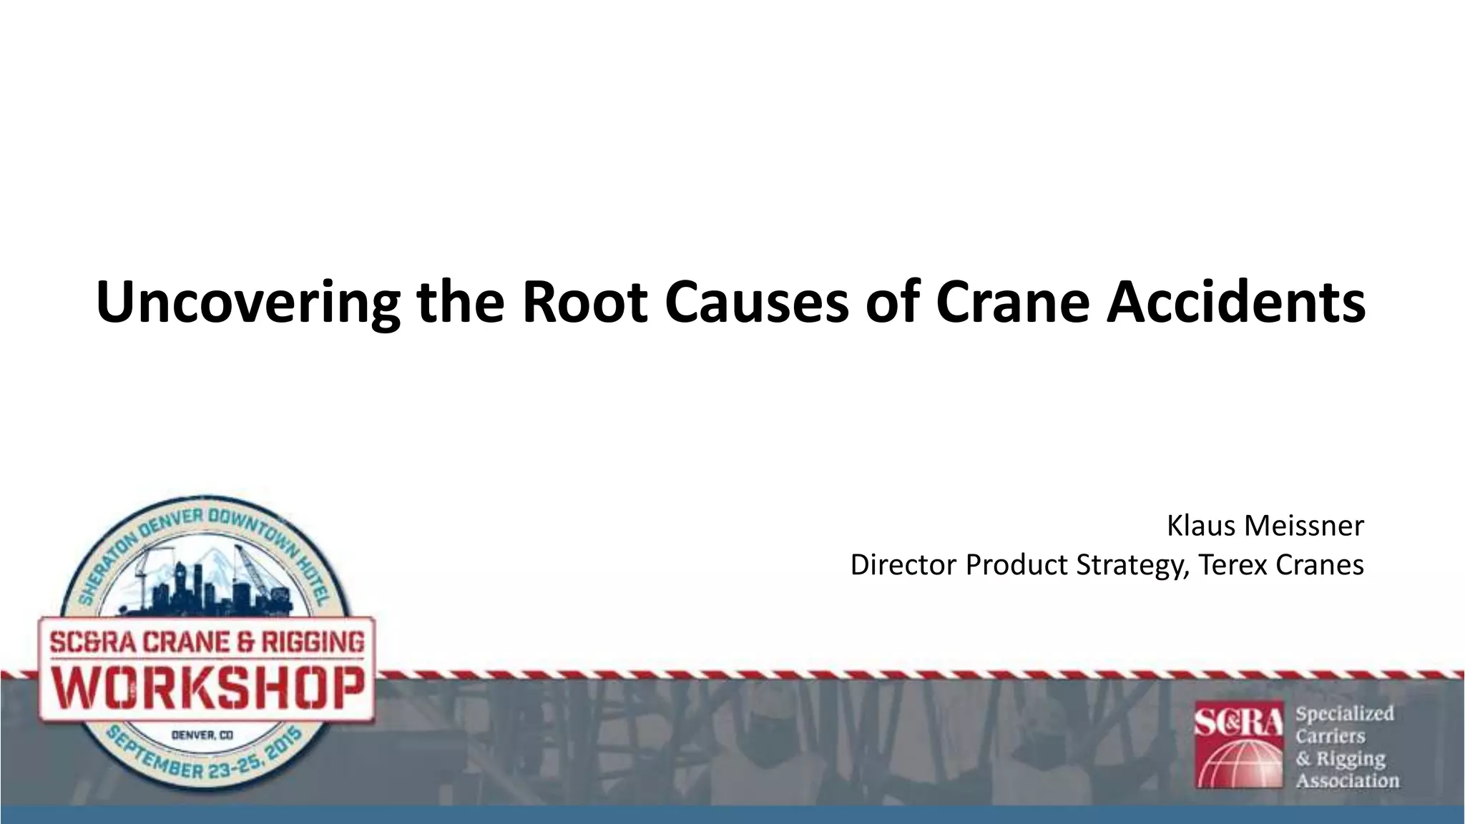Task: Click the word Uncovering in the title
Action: click(248, 302)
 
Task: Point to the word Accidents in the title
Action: click(1235, 302)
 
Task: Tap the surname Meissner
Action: click(1304, 526)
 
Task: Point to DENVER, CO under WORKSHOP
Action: click(202, 735)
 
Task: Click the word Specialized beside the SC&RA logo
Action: click(1344, 714)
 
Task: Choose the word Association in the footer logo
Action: click(1347, 780)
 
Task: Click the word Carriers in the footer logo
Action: click(1330, 736)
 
